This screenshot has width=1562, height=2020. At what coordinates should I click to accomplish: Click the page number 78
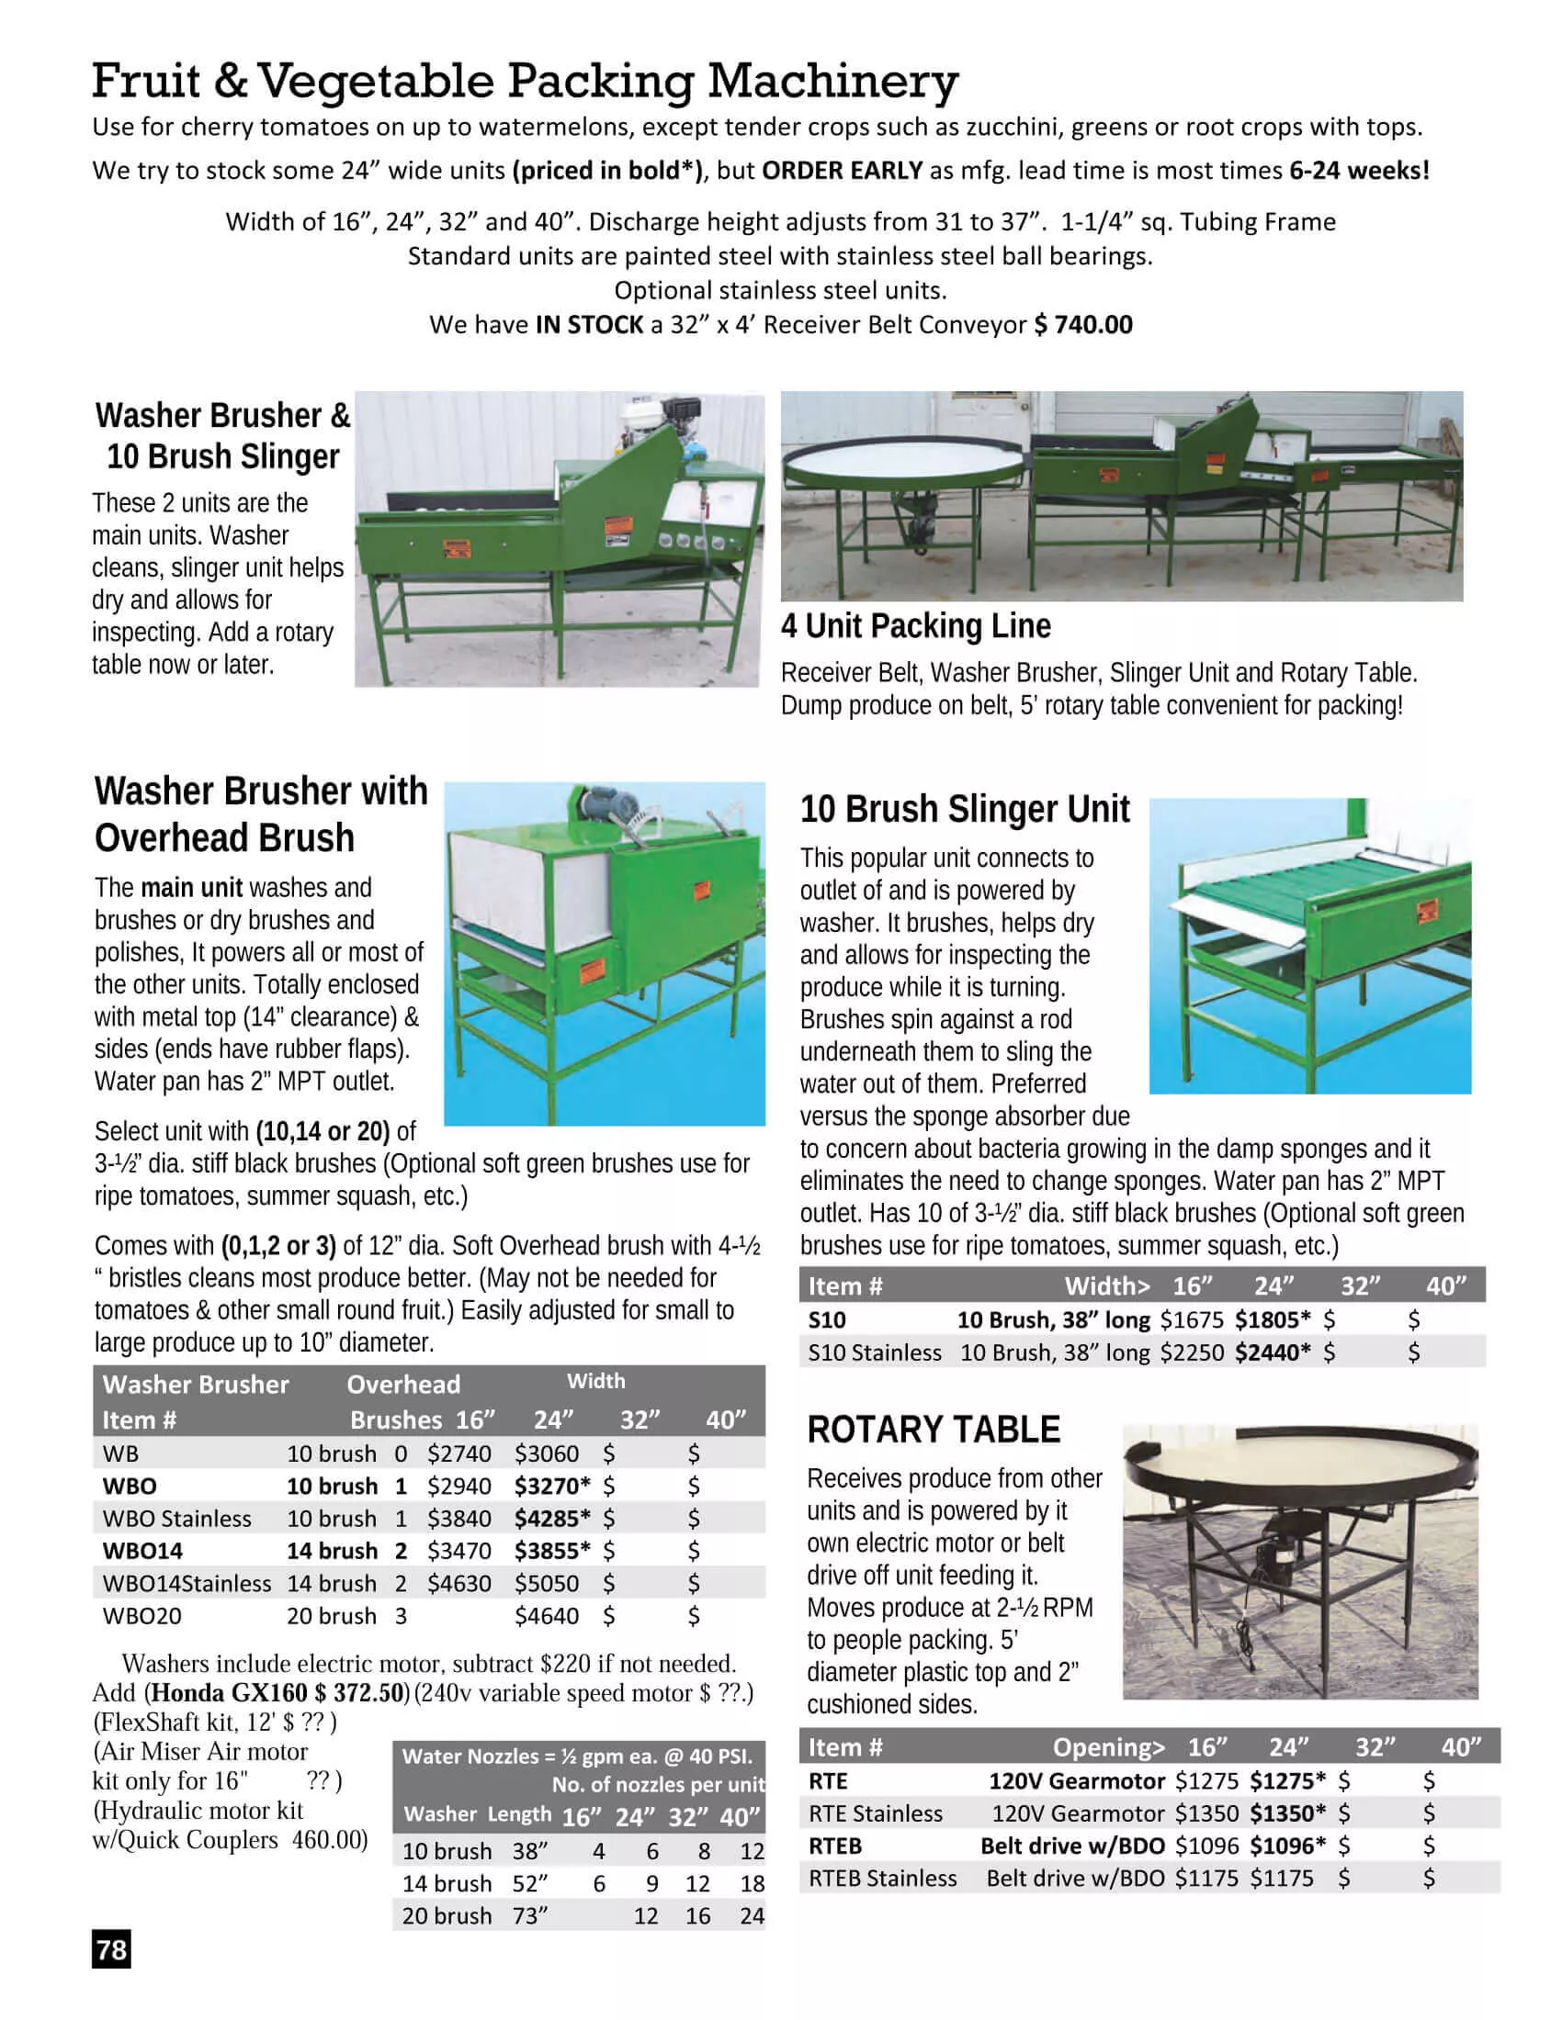coord(111,1949)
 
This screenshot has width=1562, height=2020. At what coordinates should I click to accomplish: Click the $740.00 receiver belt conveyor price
coord(1082,325)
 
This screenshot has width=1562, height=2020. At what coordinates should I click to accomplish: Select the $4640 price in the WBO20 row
coord(546,1616)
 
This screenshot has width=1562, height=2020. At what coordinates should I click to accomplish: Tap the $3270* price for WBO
coord(552,1487)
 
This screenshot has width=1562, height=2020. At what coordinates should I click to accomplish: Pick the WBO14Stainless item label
coord(187,1584)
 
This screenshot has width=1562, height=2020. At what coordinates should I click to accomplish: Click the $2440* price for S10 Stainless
coord(1273,1352)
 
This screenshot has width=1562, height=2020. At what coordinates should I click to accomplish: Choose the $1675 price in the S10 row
coord(1192,1319)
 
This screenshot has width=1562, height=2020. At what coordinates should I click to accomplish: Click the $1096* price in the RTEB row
coord(1287,1846)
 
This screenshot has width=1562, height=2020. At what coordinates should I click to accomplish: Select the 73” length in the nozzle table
coord(530,1915)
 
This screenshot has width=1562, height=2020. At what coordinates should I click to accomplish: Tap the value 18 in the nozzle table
coord(753,1883)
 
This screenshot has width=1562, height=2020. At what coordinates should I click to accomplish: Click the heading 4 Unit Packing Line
coord(915,626)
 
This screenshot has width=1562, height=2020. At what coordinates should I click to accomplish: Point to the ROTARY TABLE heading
coord(934,1430)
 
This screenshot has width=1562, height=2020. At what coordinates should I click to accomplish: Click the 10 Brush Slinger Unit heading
coord(964,809)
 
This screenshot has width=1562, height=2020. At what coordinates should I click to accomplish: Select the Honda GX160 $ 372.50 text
coord(277,1692)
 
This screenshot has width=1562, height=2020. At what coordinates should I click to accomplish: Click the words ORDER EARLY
coord(842,170)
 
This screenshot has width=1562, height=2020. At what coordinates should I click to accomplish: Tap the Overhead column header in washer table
coord(403,1385)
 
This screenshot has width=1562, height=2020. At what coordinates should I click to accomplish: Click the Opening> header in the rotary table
coord(1109,1747)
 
